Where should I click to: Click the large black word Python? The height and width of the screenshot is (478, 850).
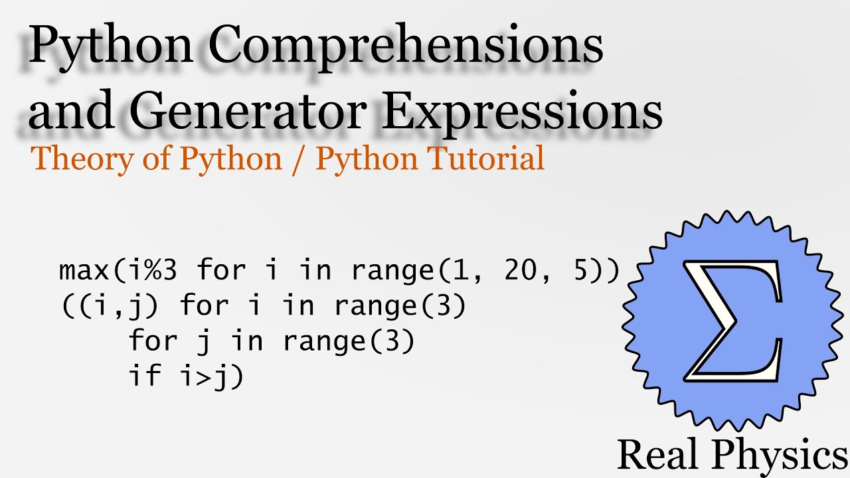[110, 48]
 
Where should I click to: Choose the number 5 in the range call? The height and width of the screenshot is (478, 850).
[582, 271]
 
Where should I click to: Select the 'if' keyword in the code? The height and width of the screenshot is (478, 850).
[145, 376]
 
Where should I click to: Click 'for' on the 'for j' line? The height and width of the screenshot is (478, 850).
[153, 341]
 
